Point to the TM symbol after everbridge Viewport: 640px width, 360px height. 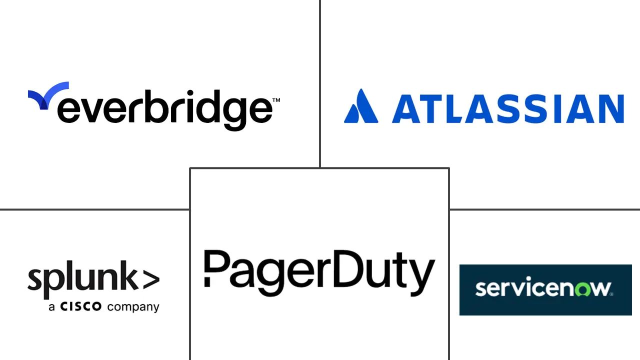pos(275,100)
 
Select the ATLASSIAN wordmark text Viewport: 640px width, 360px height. pos(507,107)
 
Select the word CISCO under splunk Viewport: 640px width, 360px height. pos(81,306)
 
